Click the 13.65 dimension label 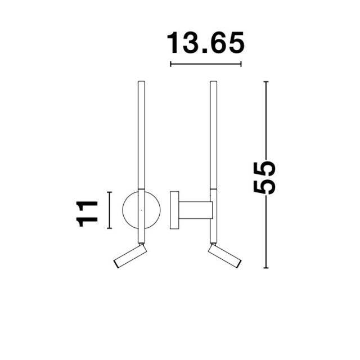point(205,43)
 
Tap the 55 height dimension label point(264,178)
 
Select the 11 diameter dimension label point(87,214)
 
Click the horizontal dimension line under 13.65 point(206,64)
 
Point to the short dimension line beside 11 point(110,210)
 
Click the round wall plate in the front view point(123,210)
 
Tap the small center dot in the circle point(141,210)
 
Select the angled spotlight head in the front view point(130,256)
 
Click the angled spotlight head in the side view point(225,256)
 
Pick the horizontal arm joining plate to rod point(196,210)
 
